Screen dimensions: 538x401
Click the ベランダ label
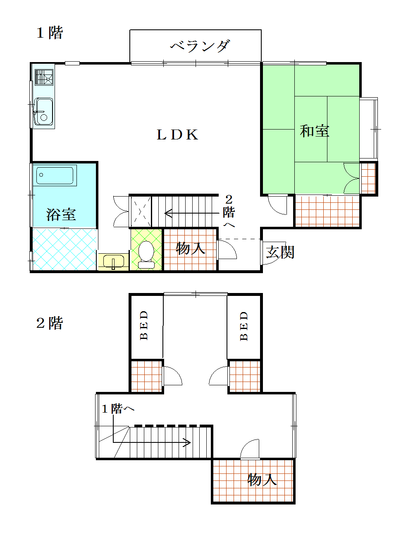200,46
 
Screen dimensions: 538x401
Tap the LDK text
177,134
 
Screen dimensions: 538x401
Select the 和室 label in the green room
315,131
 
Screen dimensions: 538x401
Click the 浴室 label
61,214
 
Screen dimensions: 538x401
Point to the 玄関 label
280,252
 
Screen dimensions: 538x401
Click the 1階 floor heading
50,32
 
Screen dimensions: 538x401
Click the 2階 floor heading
50,323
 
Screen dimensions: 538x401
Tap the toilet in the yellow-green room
146,252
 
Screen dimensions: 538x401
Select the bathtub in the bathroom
55,175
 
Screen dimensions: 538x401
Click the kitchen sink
43,111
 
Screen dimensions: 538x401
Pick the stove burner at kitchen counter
44,77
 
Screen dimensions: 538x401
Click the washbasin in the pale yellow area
113,262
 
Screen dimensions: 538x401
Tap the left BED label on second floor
144,325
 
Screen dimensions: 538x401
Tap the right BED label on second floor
244,326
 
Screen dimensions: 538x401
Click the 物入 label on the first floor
190,248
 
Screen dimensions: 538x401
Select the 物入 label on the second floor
262,480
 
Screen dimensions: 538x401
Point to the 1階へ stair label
118,409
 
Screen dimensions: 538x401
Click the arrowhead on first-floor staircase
167,214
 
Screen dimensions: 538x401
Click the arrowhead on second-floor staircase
187,443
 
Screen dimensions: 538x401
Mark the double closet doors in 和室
351,178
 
